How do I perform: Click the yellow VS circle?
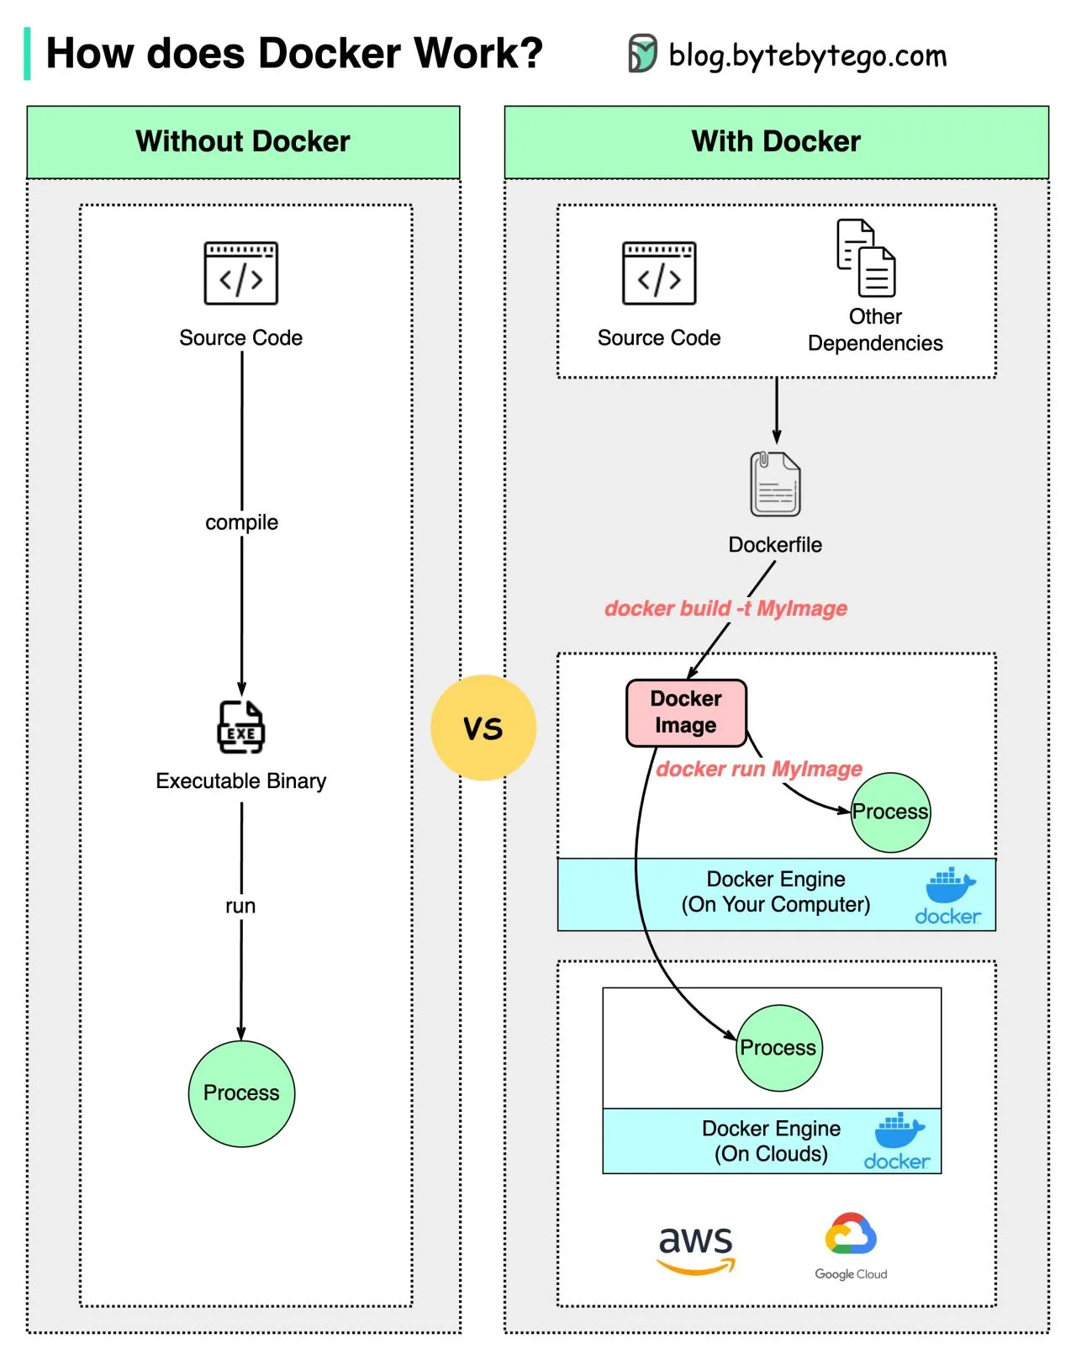[x=483, y=728]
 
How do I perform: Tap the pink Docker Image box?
[x=686, y=712]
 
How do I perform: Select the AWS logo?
[x=695, y=1248]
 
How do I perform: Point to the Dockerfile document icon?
[x=775, y=484]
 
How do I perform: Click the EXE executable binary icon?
[x=241, y=727]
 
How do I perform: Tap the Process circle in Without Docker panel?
[x=241, y=1093]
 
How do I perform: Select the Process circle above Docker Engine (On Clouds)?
[x=778, y=1048]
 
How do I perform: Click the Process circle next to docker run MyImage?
[x=890, y=812]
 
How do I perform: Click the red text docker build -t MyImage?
[x=725, y=608]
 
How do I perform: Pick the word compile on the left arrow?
[x=241, y=522]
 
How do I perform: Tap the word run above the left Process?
[x=240, y=906]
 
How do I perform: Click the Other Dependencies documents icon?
[x=867, y=258]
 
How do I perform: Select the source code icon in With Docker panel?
[x=659, y=273]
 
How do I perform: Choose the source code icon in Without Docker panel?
[x=241, y=273]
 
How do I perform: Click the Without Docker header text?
[x=243, y=141]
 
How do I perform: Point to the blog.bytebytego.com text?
[x=807, y=56]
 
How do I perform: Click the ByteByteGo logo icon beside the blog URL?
[x=643, y=54]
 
